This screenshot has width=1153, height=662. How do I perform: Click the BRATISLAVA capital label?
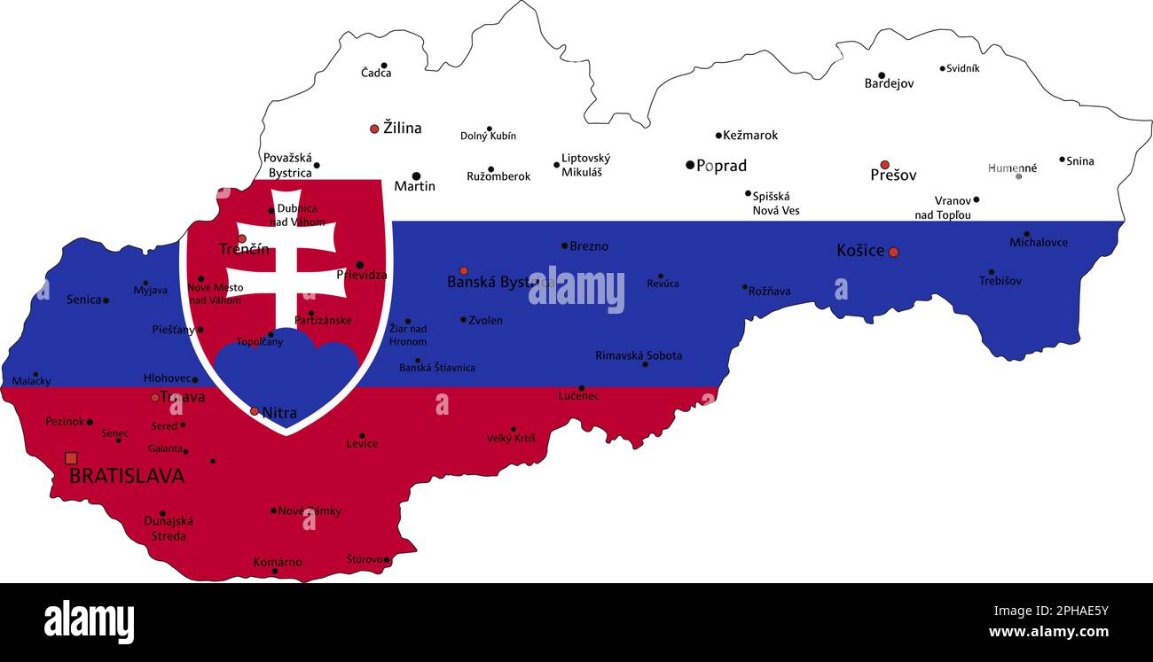pyautogui.click(x=127, y=476)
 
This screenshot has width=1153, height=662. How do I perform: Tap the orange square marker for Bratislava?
pyautogui.click(x=71, y=458)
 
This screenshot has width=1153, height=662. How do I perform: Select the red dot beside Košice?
pyautogui.click(x=893, y=253)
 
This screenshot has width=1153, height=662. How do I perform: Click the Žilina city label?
pyautogui.click(x=402, y=128)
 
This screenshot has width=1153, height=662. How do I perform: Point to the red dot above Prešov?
pyautogui.click(x=884, y=165)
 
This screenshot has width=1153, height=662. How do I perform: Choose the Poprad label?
pyautogui.click(x=721, y=166)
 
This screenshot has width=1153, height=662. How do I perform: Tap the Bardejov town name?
pyautogui.click(x=889, y=83)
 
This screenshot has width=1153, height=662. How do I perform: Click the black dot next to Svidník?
pyautogui.click(x=942, y=68)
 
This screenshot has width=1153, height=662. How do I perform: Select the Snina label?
pyautogui.click(x=1080, y=161)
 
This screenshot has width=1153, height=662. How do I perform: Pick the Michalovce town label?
pyautogui.click(x=1039, y=242)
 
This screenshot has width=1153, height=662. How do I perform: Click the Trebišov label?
pyautogui.click(x=1000, y=281)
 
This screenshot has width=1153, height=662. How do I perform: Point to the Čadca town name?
pyautogui.click(x=376, y=73)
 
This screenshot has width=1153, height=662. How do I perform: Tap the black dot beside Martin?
pyautogui.click(x=416, y=176)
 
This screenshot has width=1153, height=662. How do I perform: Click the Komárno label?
pyautogui.click(x=278, y=562)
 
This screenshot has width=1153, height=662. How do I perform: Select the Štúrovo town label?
pyautogui.click(x=365, y=559)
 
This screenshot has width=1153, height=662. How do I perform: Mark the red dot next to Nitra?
pyautogui.click(x=255, y=411)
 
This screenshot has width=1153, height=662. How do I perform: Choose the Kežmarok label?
pyautogui.click(x=750, y=136)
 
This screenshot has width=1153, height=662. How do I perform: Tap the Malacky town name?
pyautogui.click(x=31, y=381)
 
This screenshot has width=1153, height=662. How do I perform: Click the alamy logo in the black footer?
pyautogui.click(x=89, y=621)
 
